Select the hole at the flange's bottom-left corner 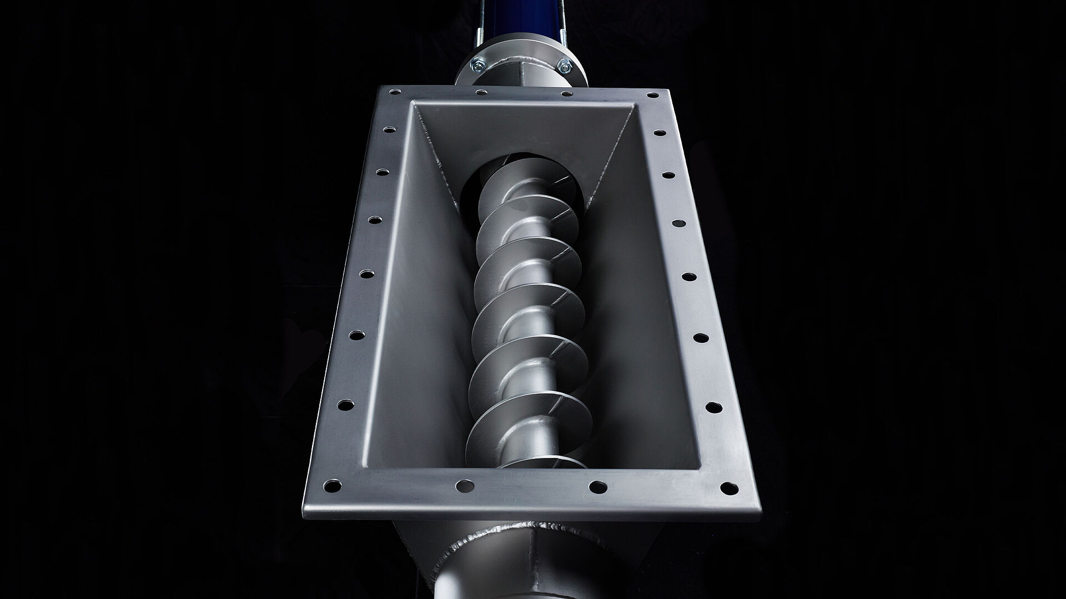331,486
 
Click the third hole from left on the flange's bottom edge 597,488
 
